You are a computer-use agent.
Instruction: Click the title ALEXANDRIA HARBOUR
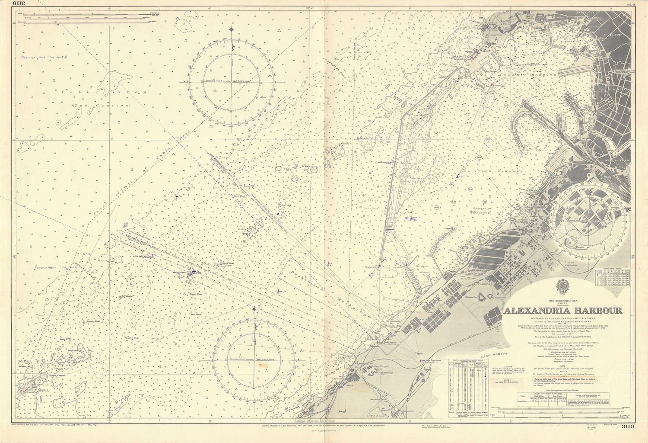click(x=562, y=311)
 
